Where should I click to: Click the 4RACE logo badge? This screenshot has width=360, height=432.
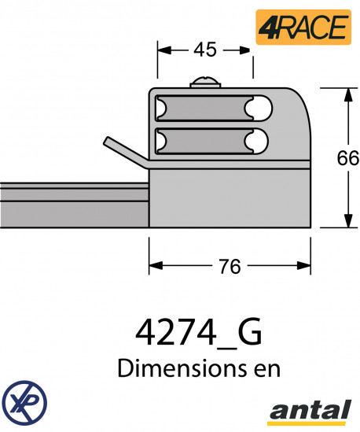(x=303, y=26)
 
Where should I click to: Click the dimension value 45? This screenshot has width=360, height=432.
(x=204, y=50)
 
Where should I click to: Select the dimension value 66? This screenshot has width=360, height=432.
(x=347, y=157)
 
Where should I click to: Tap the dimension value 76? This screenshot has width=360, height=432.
(x=230, y=267)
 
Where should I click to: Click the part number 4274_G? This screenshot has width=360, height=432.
(x=199, y=333)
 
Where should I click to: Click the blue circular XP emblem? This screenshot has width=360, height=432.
(x=24, y=401)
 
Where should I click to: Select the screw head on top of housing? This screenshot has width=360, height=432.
(x=205, y=83)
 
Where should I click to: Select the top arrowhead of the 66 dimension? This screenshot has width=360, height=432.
(x=347, y=94)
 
